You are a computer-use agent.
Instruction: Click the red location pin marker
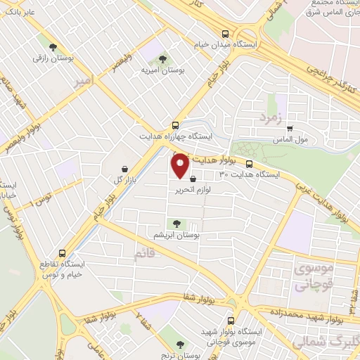click(x=180, y=165)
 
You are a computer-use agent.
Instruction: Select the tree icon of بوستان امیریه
click(x=163, y=60)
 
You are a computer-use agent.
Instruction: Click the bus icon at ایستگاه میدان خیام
click(x=225, y=33)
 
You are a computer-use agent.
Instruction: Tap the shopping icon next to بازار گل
click(x=125, y=169)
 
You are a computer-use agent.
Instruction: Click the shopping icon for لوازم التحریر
click(x=193, y=180)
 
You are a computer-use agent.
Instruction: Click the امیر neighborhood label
click(x=84, y=84)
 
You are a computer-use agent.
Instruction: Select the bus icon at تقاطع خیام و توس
click(x=63, y=253)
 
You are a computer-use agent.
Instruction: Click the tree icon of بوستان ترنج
click(x=182, y=344)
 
